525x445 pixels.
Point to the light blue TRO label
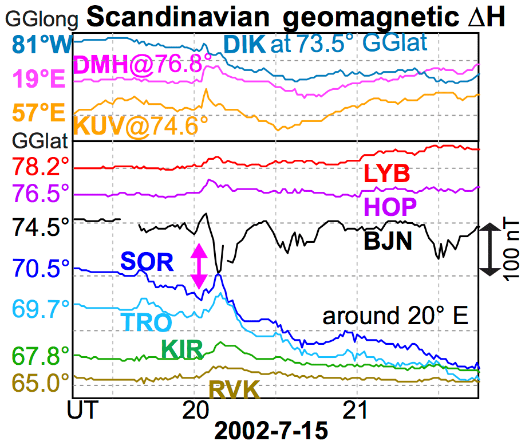pos(147,322)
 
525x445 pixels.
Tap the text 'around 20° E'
pos(396,316)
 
